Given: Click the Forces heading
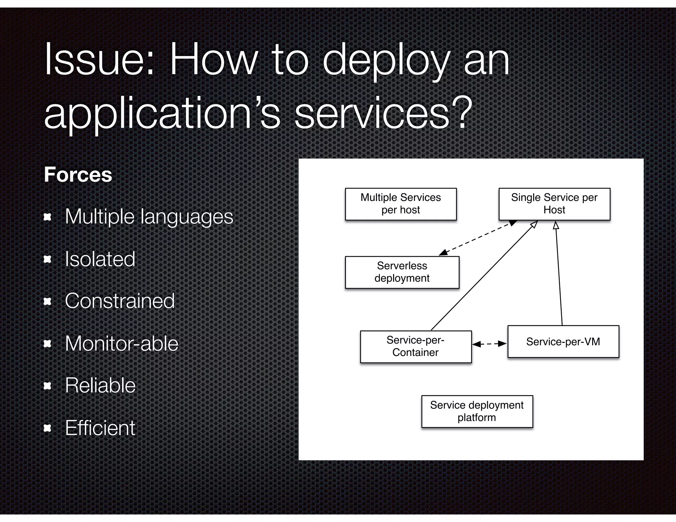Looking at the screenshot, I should coord(78,175).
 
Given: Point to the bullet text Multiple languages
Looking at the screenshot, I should coord(149,216).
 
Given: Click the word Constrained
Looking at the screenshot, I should coord(120,301).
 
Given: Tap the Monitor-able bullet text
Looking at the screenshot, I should coord(122,343).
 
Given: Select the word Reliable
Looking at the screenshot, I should coord(100,385).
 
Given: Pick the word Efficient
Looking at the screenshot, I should coord(100,428).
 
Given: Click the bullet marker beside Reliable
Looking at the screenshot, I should coord(48,386).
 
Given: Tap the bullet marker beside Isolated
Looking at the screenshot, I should coord(48,259).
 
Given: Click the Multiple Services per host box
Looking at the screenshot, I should coord(401,204).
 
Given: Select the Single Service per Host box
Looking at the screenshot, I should coord(554,204).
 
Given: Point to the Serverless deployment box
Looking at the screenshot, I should coord(402,272).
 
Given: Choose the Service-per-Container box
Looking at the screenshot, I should coord(416,346).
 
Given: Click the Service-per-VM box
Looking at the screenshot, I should coord(563,342).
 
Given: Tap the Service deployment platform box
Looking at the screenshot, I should coord(477,411).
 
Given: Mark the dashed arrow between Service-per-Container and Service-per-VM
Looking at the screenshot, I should coord(490,344).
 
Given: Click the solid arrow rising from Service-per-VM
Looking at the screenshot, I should coord(559,274).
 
